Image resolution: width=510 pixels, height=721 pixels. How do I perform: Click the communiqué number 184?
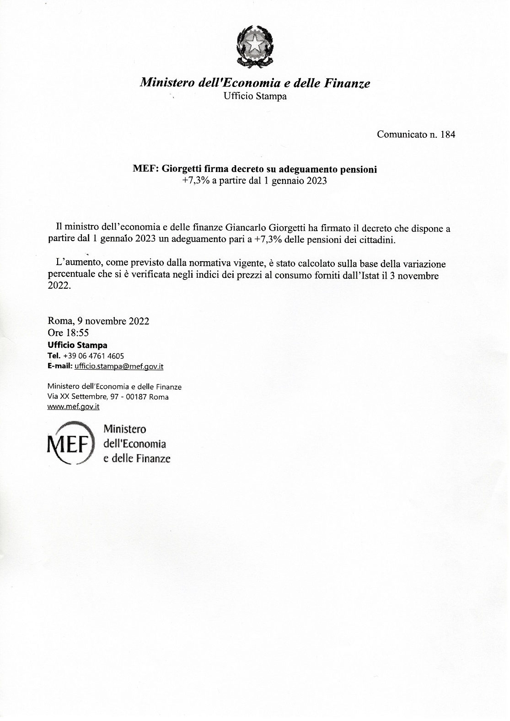447,135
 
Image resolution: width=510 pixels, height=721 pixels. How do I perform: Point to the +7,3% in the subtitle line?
196,181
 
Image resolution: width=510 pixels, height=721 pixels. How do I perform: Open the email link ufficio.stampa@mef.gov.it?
118,366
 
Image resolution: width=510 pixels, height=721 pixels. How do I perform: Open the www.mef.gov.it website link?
74,406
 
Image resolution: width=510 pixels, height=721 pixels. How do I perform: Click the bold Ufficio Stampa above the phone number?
77,345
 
